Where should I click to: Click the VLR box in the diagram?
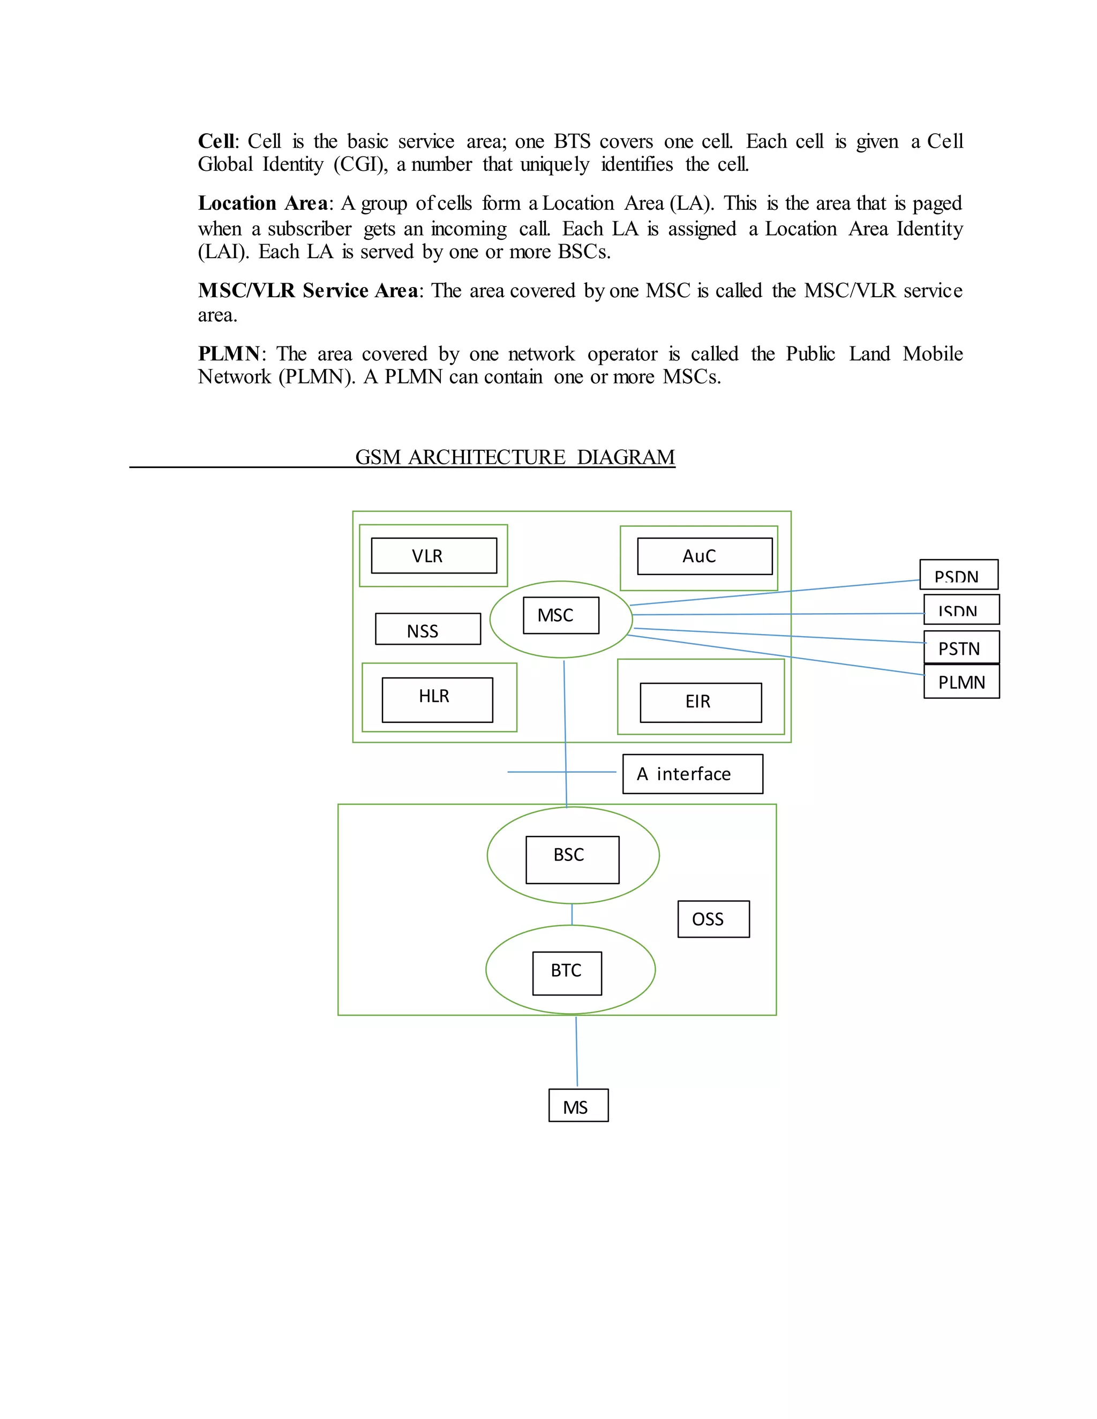433,555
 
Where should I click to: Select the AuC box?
704,556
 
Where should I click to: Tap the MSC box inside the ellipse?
560,615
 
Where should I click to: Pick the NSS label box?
427,629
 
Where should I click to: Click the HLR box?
437,700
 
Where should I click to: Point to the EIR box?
701,703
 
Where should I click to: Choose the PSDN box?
959,575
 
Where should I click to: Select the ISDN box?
961,609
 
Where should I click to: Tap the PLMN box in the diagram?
961,682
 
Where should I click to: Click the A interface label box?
692,774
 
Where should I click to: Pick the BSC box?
572,859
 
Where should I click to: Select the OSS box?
713,919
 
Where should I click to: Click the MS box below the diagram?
578,1105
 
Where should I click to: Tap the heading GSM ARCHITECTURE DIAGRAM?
515,457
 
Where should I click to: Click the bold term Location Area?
262,203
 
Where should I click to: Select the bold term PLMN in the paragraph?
229,354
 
